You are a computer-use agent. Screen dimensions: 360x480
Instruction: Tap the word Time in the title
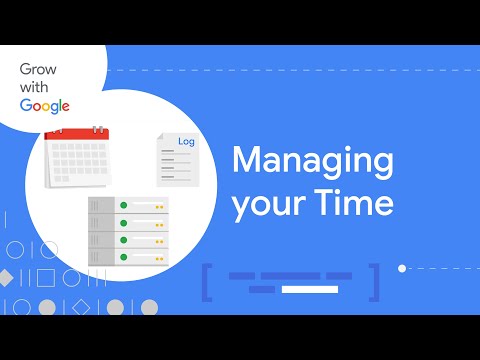pos(356,203)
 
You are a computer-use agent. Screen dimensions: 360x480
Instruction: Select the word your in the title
pos(269,204)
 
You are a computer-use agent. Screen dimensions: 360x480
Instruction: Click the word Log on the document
pos(186,142)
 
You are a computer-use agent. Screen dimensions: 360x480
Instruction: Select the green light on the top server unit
pos(124,205)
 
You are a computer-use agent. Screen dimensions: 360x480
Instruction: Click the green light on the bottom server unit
pos(124,258)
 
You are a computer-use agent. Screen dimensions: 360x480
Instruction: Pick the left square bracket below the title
pos(206,281)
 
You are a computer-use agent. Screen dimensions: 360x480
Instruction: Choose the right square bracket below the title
pos(374,281)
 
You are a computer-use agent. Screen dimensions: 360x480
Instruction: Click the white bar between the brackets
pos(310,289)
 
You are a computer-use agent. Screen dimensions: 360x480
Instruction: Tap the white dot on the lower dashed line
pos(402,268)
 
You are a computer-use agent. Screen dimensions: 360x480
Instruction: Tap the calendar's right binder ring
pos(97,128)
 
